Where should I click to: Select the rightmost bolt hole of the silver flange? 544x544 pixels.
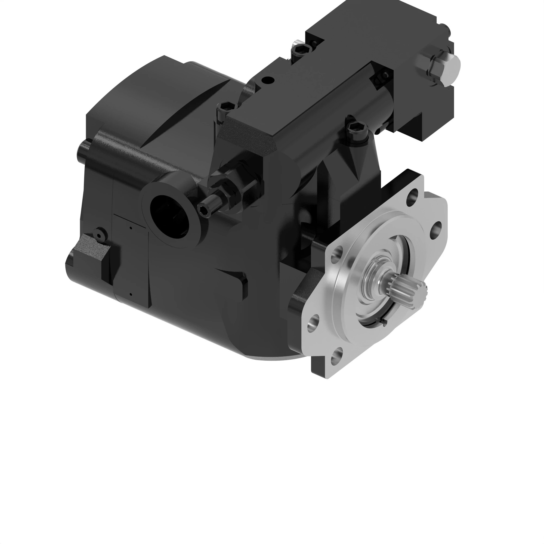[437, 228]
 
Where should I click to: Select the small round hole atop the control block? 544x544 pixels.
[267, 80]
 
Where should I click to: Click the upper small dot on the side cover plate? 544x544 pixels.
[131, 227]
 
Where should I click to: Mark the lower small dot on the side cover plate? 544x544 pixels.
[131, 295]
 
